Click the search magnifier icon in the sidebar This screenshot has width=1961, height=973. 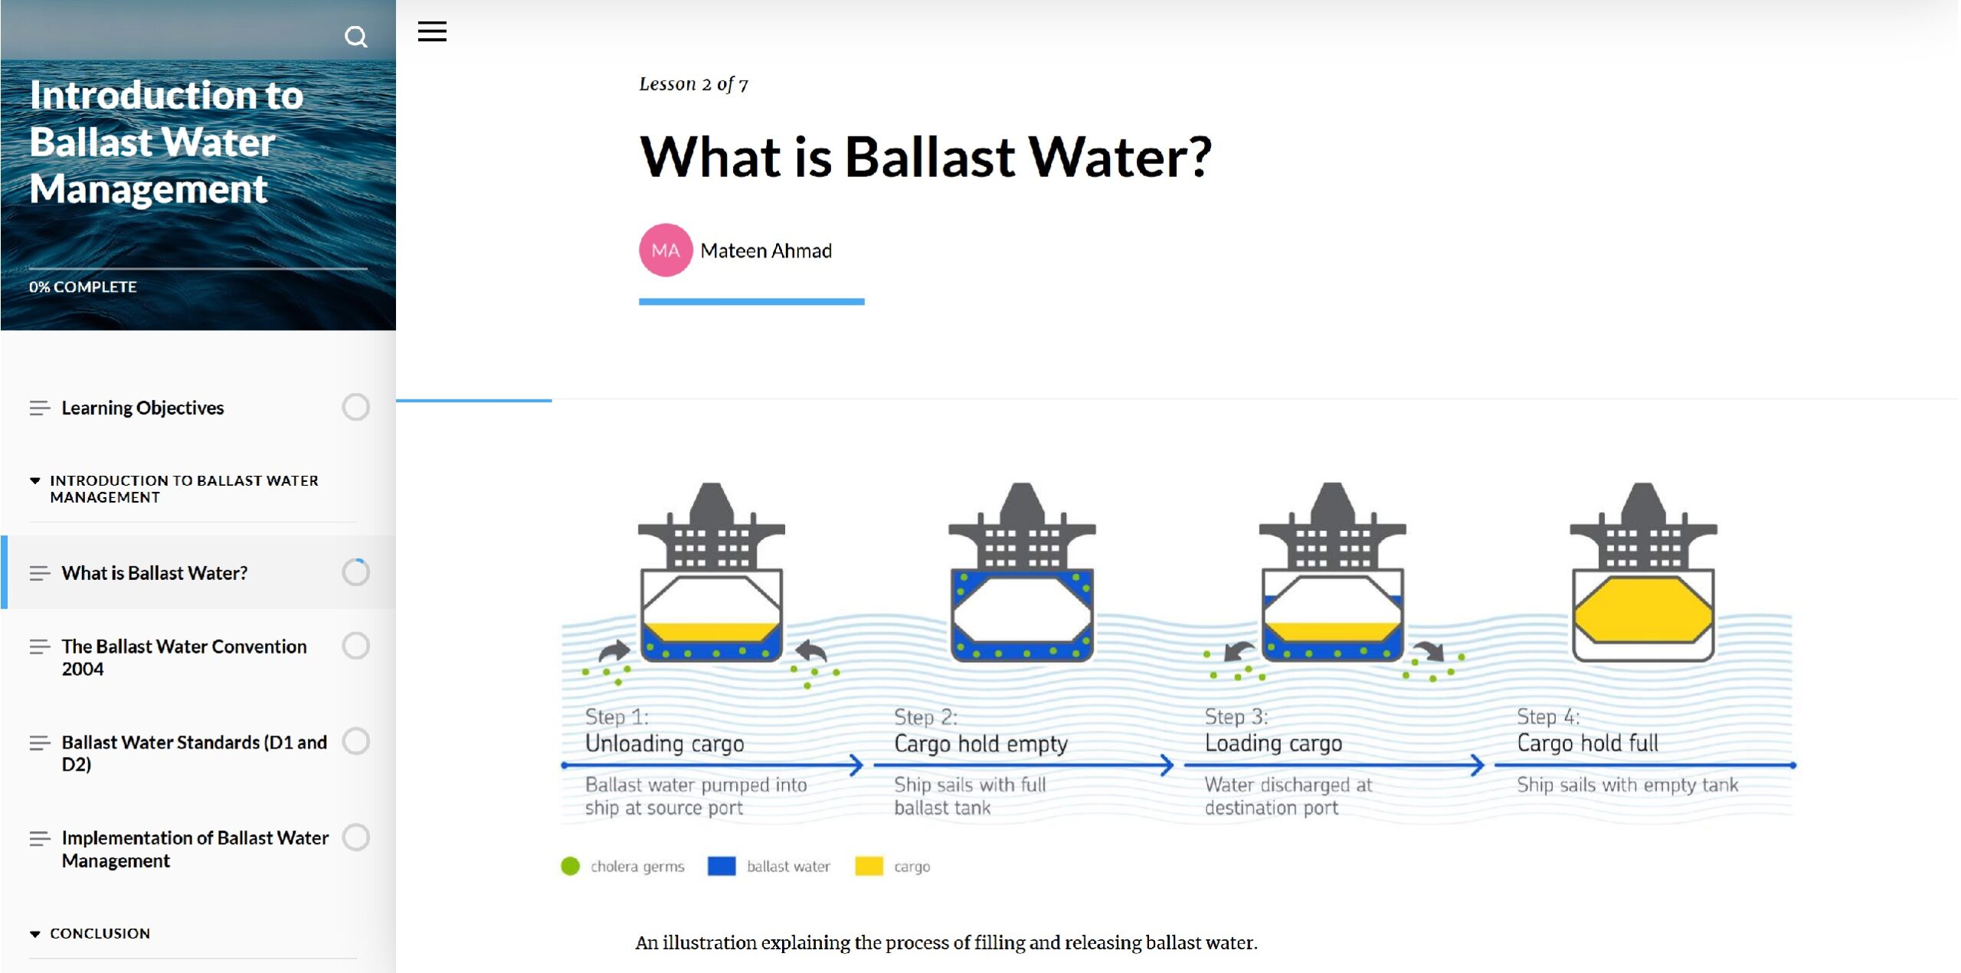point(355,36)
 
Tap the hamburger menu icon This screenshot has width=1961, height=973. point(432,31)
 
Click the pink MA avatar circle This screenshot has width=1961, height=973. point(666,250)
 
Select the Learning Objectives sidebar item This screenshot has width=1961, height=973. point(142,408)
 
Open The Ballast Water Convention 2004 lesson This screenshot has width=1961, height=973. point(184,657)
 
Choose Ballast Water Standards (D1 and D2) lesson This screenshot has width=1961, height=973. point(195,753)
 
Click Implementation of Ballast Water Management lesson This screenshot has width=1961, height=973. point(195,849)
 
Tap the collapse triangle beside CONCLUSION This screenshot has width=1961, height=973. point(34,934)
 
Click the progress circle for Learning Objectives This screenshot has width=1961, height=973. point(355,408)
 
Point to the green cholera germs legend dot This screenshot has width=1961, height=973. point(570,867)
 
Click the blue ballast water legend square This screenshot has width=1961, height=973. point(722,867)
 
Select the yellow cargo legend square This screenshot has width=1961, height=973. point(869,867)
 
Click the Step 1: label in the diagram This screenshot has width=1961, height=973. point(617,717)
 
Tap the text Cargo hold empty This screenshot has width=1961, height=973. point(980,744)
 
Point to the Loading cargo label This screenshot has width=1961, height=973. point(1273,743)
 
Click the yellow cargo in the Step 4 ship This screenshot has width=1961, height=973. point(1643,610)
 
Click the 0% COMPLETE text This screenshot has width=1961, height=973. point(83,287)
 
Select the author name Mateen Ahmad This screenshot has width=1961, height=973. point(766,251)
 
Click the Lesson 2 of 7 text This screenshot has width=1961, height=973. point(693,84)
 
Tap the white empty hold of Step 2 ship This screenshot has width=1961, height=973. point(1022,608)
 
